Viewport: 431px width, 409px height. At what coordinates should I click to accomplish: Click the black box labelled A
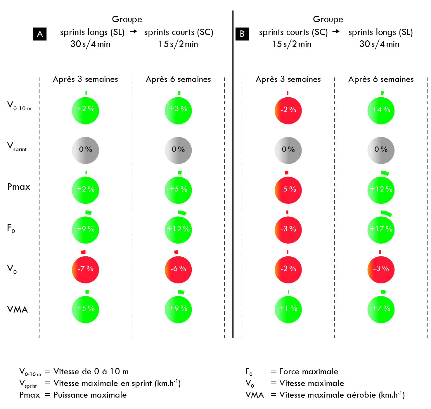pyautogui.click(x=40, y=34)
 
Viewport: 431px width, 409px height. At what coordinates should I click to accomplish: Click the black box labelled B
pyautogui.click(x=242, y=34)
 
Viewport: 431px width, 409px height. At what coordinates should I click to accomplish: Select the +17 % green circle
pyautogui.click(x=381, y=229)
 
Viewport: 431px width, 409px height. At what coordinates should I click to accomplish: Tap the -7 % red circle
pyautogui.click(x=85, y=269)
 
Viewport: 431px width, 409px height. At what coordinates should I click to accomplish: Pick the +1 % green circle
pyautogui.click(x=288, y=309)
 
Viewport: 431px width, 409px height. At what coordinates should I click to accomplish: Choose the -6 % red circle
pyautogui.click(x=178, y=269)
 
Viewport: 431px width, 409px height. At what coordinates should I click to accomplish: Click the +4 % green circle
pyautogui.click(x=381, y=111)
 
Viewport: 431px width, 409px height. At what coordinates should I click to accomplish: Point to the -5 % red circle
pyautogui.click(x=288, y=190)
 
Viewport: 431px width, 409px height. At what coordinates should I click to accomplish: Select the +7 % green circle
pyautogui.click(x=381, y=309)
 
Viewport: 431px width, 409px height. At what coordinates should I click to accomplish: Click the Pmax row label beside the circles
pyautogui.click(x=19, y=187)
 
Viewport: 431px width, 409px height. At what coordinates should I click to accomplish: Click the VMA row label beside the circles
pyautogui.click(x=18, y=309)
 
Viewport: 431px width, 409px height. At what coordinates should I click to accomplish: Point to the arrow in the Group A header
pyautogui.click(x=133, y=31)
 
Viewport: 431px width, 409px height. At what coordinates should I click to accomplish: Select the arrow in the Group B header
pyautogui.click(x=336, y=31)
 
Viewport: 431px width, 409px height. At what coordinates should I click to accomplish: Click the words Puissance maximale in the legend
pyautogui.click(x=90, y=395)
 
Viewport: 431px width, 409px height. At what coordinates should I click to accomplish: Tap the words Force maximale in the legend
pyautogui.click(x=309, y=372)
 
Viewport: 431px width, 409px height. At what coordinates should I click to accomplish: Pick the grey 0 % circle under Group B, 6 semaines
pyautogui.click(x=381, y=150)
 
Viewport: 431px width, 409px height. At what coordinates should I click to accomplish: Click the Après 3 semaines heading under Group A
pyautogui.click(x=85, y=79)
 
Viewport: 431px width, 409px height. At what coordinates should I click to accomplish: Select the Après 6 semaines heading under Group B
pyautogui.click(x=381, y=79)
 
